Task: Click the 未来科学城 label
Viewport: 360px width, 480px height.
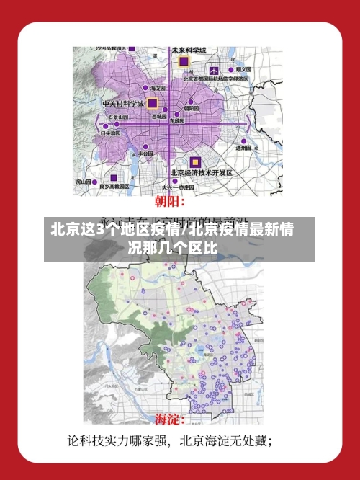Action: tap(189, 50)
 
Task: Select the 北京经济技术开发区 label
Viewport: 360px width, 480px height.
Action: tap(202, 173)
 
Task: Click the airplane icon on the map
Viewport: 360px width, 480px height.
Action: tap(215, 70)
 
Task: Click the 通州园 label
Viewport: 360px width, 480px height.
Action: tap(243, 147)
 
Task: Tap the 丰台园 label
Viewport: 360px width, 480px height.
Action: tap(144, 154)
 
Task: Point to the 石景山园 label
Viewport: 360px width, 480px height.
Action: tap(118, 116)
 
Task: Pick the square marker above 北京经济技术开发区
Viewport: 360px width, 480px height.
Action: tap(194, 162)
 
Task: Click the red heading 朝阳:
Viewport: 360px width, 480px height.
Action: tap(171, 202)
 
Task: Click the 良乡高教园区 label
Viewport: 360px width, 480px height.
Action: tap(114, 186)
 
